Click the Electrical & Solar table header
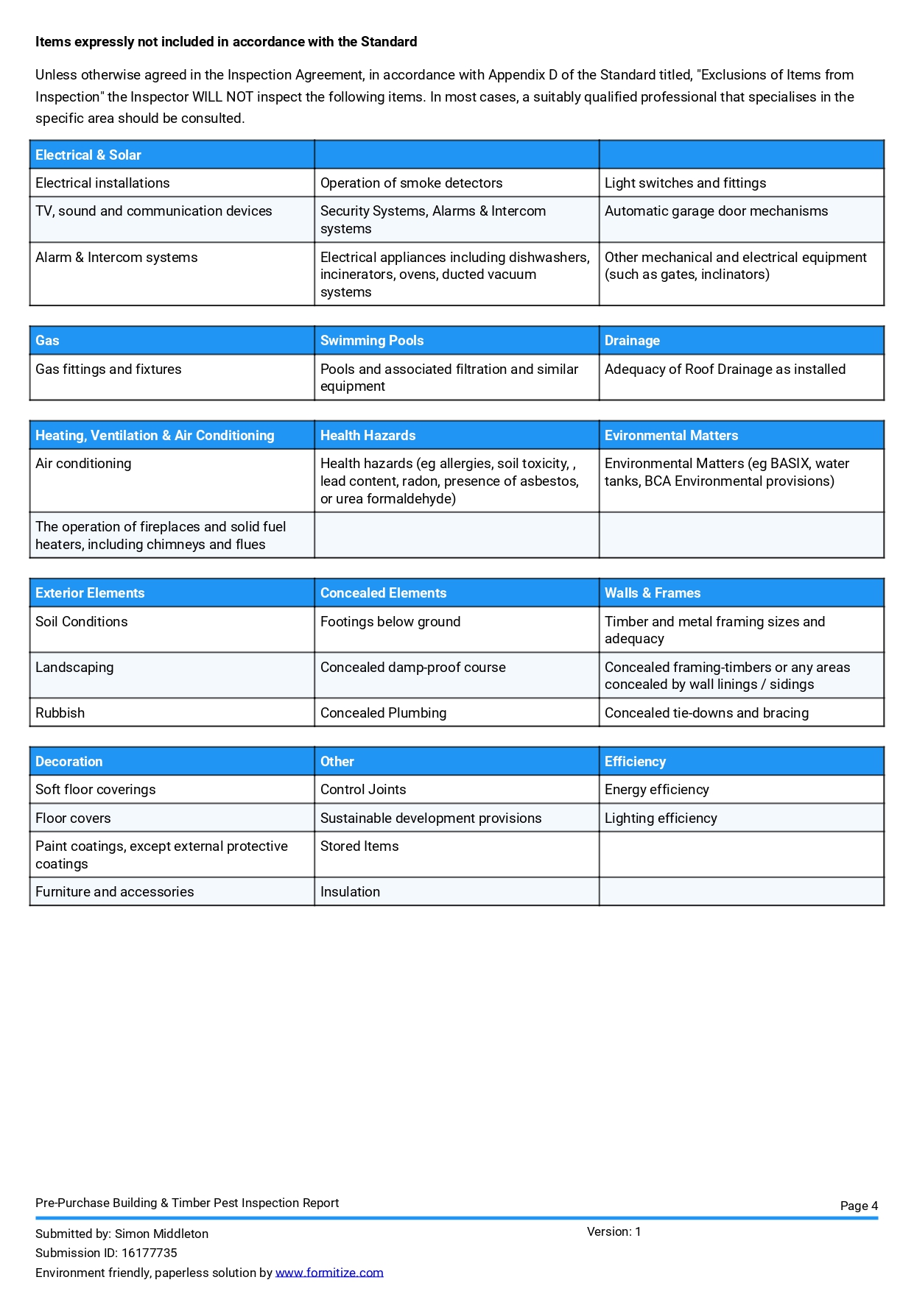[x=88, y=155]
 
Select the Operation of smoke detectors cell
[x=411, y=183]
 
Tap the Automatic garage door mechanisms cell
[x=716, y=211]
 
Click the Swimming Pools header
[x=372, y=341]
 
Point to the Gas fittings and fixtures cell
[x=108, y=369]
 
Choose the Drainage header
[x=632, y=341]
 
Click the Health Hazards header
[x=368, y=436]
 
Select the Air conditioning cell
[x=83, y=464]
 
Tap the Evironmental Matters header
[x=671, y=436]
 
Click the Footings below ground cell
[x=390, y=622]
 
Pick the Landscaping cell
[x=74, y=668]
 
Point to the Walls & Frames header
[x=652, y=593]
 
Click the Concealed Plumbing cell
[x=383, y=713]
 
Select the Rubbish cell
[x=60, y=713]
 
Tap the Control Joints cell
[x=363, y=790]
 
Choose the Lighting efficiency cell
[x=661, y=818]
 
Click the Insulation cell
[x=350, y=892]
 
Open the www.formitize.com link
[x=329, y=1273]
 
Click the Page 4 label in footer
[x=859, y=1206]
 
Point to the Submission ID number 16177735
[x=150, y=1253]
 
